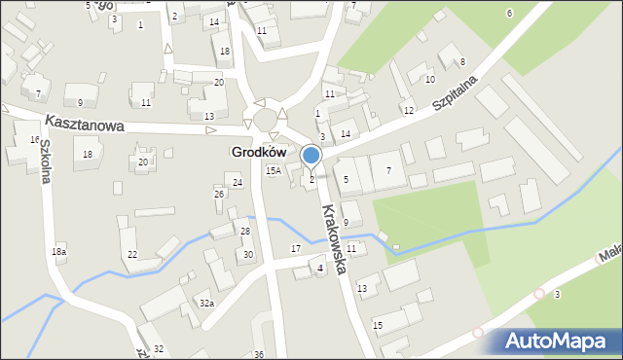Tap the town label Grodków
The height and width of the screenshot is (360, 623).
[x=259, y=153]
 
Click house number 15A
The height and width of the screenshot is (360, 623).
[x=275, y=171]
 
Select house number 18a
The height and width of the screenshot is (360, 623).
[x=59, y=252]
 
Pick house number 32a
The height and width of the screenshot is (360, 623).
[x=206, y=304]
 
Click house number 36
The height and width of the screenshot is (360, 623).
[x=259, y=354]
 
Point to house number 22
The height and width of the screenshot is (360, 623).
[x=131, y=255]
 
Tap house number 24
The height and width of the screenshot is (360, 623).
[x=238, y=183]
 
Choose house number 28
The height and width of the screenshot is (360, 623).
[x=245, y=231]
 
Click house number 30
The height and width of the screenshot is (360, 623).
[x=248, y=254]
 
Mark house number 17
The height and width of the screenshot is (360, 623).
[x=296, y=250]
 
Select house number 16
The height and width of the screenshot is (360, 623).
[x=35, y=140]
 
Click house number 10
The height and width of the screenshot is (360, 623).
[x=429, y=79]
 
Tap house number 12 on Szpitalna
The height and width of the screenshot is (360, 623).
[x=409, y=111]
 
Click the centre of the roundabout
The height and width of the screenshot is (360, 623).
[x=267, y=120]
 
